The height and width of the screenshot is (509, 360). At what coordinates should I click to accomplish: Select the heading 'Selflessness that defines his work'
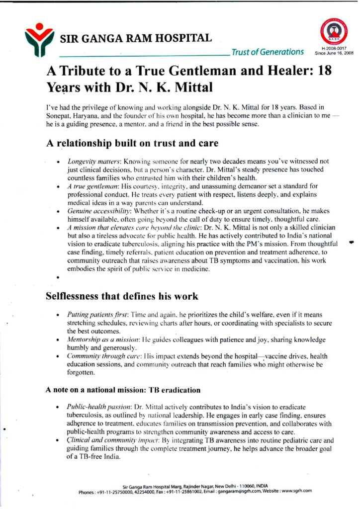pos(122,296)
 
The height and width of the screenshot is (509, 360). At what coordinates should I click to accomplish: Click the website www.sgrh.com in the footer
pos(295,491)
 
